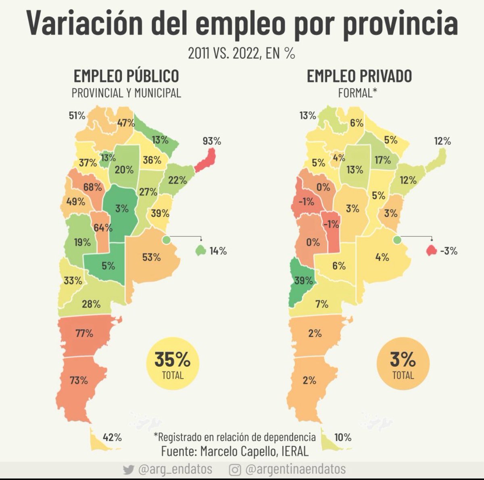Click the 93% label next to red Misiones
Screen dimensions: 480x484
pos(212,141)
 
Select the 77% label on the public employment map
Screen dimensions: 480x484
pos(84,334)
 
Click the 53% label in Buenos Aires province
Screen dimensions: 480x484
pos(151,257)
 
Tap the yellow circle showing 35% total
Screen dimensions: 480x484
pos(172,364)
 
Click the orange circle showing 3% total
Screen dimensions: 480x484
pos(403,364)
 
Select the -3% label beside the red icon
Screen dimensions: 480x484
pos(449,251)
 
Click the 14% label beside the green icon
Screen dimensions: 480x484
pos(218,251)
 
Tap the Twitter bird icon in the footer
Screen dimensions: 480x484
pos(128,470)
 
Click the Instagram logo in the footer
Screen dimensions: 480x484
pos(235,470)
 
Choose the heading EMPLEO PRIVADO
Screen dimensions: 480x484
pos(359,76)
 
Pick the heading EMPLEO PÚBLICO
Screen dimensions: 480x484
pos(126,76)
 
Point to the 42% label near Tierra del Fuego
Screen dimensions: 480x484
pos(112,437)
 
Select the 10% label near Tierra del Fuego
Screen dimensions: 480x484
pos(343,437)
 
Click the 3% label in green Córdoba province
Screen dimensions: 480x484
pos(121,209)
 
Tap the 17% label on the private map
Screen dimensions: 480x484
pos(382,160)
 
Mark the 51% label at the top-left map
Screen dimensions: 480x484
pos(77,116)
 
